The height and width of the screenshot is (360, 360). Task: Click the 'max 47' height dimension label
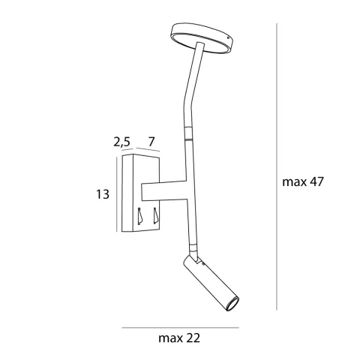tap(303, 181)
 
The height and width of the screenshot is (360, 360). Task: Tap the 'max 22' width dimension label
tap(179, 338)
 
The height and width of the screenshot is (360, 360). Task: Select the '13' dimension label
tap(103, 194)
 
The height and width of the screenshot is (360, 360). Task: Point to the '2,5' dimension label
tap(121, 142)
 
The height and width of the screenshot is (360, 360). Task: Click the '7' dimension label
tap(151, 142)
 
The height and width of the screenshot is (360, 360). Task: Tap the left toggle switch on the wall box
tap(140, 216)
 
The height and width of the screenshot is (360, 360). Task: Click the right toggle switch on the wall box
tap(156, 215)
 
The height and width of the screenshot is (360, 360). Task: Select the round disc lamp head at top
tap(202, 37)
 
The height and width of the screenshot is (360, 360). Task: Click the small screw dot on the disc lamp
tap(228, 38)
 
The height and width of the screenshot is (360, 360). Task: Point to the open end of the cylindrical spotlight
tap(232, 304)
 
